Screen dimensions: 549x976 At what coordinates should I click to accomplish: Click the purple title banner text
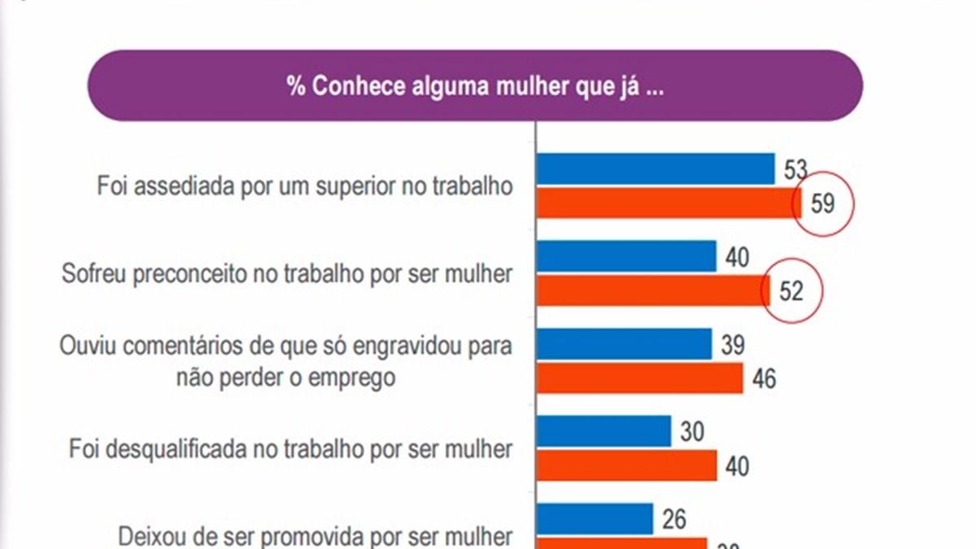pyautogui.click(x=475, y=87)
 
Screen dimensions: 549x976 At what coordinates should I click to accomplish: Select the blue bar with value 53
pyautogui.click(x=656, y=169)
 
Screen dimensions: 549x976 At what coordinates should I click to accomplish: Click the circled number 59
pyautogui.click(x=823, y=203)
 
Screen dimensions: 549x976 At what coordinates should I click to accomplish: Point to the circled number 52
pyautogui.click(x=791, y=291)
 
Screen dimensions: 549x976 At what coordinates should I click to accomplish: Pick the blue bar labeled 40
pyautogui.click(x=626, y=256)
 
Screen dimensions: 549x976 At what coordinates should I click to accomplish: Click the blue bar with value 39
pyautogui.click(x=624, y=345)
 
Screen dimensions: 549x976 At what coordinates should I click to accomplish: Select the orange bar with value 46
pyautogui.click(x=639, y=378)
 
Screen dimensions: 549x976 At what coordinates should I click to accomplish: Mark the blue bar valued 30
pyautogui.click(x=603, y=431)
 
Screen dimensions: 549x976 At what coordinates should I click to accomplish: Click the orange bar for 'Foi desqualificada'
pyautogui.click(x=626, y=466)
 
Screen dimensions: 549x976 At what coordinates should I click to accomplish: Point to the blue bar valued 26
pyautogui.click(x=595, y=519)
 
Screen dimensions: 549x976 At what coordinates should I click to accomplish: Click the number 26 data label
pyautogui.click(x=674, y=519)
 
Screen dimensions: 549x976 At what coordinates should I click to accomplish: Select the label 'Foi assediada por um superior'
pyautogui.click(x=305, y=186)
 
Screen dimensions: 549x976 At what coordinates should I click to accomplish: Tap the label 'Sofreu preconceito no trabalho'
pyautogui.click(x=287, y=274)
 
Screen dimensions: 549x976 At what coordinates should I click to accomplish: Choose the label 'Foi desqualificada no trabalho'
pyautogui.click(x=291, y=449)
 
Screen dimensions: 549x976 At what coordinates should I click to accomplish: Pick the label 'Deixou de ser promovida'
pyautogui.click(x=316, y=537)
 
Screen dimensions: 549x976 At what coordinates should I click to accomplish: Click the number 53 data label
pyautogui.click(x=795, y=170)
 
